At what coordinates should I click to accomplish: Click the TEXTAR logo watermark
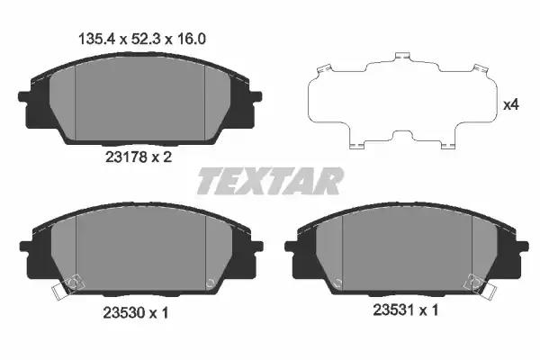click(270, 181)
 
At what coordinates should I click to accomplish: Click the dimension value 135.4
click(97, 39)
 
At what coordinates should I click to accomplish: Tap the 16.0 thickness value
click(191, 39)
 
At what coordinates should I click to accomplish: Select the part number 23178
click(126, 157)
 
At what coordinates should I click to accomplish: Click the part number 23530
click(124, 313)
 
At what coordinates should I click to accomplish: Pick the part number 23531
click(394, 310)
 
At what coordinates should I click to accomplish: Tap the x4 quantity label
click(511, 104)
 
